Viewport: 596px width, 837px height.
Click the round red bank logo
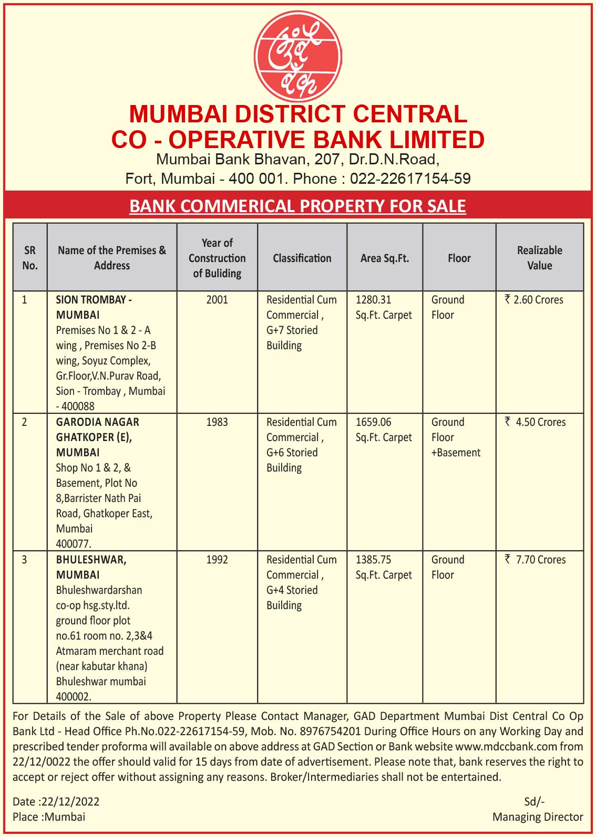(x=298, y=56)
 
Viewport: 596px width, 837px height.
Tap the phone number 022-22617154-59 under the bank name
(x=410, y=179)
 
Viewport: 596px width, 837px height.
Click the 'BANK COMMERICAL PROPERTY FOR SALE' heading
(x=297, y=206)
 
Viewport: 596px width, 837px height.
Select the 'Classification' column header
(x=302, y=258)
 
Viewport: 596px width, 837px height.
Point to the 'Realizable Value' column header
(x=539, y=258)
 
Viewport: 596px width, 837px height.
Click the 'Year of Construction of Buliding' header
(x=217, y=258)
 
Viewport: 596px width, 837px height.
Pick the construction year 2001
(x=217, y=300)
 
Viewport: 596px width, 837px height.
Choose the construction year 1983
(x=217, y=422)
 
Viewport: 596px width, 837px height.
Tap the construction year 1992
(x=217, y=560)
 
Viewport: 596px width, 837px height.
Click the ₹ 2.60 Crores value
(x=534, y=300)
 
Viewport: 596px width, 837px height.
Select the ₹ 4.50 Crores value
(x=536, y=422)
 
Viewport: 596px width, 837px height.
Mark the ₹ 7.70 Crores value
(x=536, y=560)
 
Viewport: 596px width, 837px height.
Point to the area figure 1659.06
(x=373, y=422)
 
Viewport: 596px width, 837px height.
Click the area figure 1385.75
(x=373, y=560)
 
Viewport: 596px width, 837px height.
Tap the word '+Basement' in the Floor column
(x=456, y=453)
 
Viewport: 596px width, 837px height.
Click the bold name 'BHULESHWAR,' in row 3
(x=91, y=560)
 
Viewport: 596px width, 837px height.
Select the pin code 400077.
(x=74, y=544)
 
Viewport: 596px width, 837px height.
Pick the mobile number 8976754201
(x=329, y=731)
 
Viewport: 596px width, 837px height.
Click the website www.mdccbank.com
(x=506, y=747)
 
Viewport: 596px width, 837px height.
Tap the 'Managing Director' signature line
(x=537, y=817)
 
